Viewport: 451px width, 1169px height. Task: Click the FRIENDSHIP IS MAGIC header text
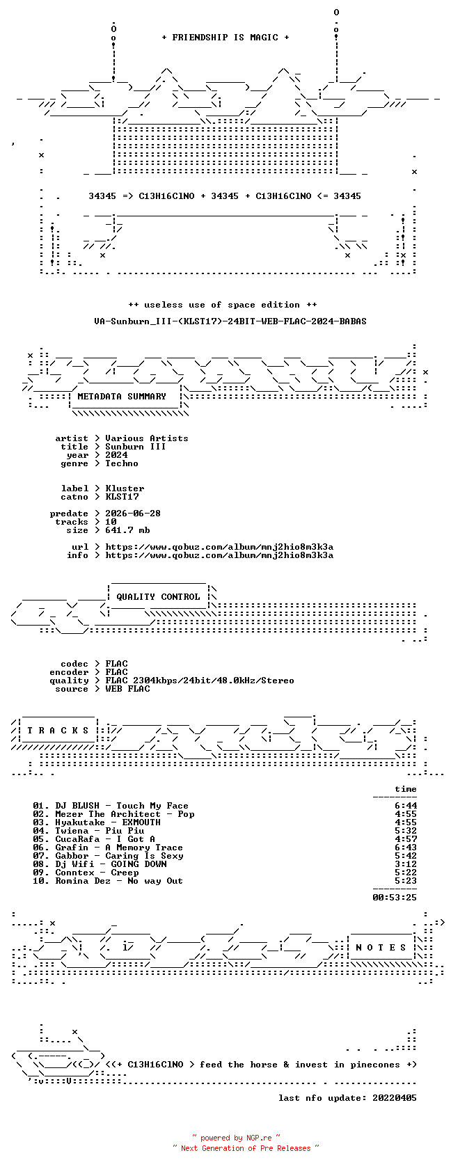tap(225, 38)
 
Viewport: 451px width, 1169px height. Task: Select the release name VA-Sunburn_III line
tap(230, 321)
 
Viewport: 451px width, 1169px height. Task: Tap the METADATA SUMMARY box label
tap(122, 397)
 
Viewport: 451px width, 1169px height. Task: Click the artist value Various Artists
tap(147, 438)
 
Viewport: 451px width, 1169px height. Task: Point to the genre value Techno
tap(122, 463)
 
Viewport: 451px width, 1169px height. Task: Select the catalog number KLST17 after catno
tap(122, 497)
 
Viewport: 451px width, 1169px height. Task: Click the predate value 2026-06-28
tap(133, 514)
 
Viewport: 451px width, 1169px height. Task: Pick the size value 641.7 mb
tap(127, 530)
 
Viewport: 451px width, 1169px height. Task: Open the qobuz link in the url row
tap(219, 547)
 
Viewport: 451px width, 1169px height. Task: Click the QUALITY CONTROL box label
tap(158, 597)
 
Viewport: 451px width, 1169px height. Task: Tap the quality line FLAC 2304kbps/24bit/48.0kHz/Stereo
tap(200, 681)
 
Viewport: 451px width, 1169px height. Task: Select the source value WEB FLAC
tap(127, 689)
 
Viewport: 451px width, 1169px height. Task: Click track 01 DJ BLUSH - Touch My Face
tap(111, 806)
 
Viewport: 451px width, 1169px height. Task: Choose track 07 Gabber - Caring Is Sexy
tap(108, 856)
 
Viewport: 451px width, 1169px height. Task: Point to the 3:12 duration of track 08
tap(406, 864)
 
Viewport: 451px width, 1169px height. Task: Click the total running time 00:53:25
tap(395, 898)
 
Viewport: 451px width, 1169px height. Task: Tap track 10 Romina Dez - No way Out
tap(108, 881)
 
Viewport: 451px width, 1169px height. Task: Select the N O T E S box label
tap(381, 948)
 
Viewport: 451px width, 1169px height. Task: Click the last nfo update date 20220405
tap(395, 1098)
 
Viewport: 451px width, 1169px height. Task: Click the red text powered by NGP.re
tap(236, 1138)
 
